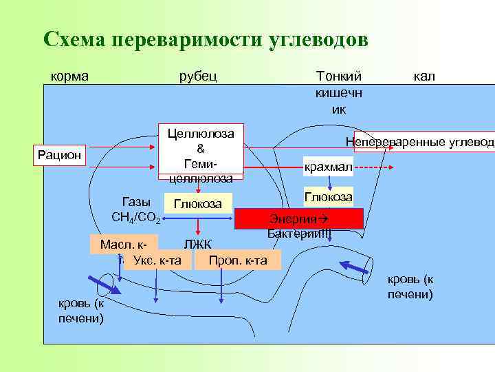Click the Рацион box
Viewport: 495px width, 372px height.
(x=59, y=156)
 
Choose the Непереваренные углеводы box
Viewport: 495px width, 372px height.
(x=423, y=141)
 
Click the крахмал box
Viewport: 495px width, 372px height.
(x=328, y=167)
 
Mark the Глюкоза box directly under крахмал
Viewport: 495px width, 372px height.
(x=329, y=197)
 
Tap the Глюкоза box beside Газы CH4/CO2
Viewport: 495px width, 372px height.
(x=197, y=204)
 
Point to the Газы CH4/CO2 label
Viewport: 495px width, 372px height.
(x=135, y=209)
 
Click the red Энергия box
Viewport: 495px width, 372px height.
(x=298, y=218)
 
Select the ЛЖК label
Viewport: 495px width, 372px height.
(x=197, y=245)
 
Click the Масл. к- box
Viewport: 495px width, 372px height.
(x=124, y=244)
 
